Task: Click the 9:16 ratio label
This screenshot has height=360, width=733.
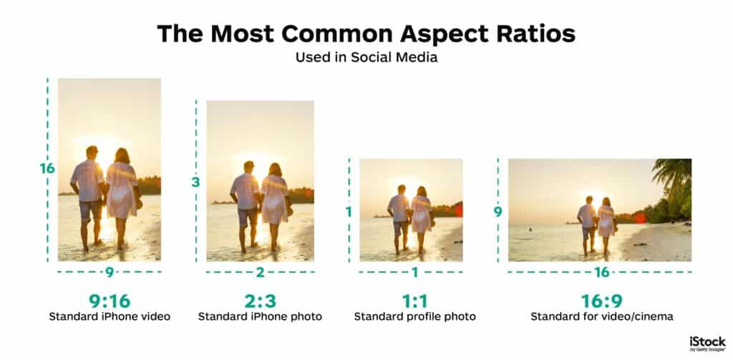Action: [x=110, y=300]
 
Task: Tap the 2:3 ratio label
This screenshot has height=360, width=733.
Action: [x=260, y=300]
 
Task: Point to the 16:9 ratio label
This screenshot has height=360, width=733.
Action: [x=601, y=300]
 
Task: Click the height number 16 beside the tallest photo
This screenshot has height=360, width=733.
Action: [x=47, y=169]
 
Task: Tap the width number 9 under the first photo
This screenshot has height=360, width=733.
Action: [x=110, y=272]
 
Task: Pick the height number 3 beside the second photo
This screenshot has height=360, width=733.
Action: [x=195, y=183]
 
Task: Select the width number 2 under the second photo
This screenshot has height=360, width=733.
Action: [x=260, y=272]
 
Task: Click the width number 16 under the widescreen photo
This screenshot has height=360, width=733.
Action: [x=601, y=272]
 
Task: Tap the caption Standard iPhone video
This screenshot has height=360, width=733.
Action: [x=110, y=316]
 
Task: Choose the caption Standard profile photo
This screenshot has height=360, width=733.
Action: [x=415, y=316]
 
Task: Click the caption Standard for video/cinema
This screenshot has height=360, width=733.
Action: [x=601, y=316]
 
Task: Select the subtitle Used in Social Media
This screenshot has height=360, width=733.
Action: [x=366, y=58]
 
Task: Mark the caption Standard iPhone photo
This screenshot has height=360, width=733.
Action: [x=260, y=316]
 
